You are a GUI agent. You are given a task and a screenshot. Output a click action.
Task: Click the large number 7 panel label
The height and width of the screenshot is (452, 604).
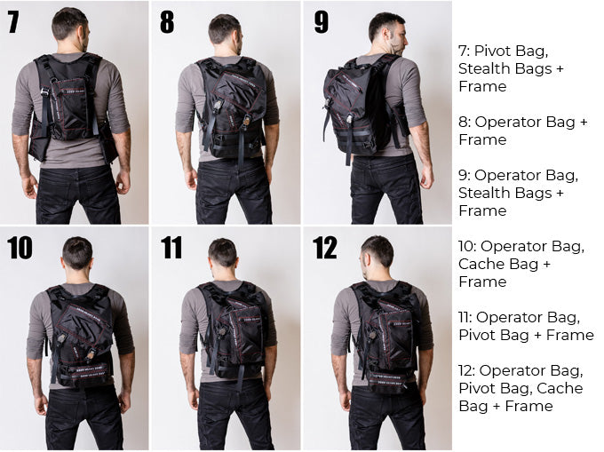coord(13,22)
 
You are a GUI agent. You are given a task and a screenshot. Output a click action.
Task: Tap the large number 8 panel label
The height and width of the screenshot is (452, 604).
coord(167,22)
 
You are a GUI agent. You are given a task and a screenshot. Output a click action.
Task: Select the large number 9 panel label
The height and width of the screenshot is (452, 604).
coord(322,22)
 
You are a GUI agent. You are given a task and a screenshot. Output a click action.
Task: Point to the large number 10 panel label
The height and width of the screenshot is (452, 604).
coord(20,248)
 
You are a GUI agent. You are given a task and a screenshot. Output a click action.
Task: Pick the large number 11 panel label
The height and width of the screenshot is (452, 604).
coord(171,248)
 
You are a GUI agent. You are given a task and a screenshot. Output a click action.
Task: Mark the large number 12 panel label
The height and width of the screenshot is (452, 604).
coord(325,248)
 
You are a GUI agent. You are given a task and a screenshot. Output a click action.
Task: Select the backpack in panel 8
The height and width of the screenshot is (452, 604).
coord(232,107)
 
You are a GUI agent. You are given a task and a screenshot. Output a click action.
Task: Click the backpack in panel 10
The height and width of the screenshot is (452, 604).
coord(80,336)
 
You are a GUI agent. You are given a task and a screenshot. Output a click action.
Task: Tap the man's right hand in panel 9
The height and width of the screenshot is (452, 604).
coord(427,176)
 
